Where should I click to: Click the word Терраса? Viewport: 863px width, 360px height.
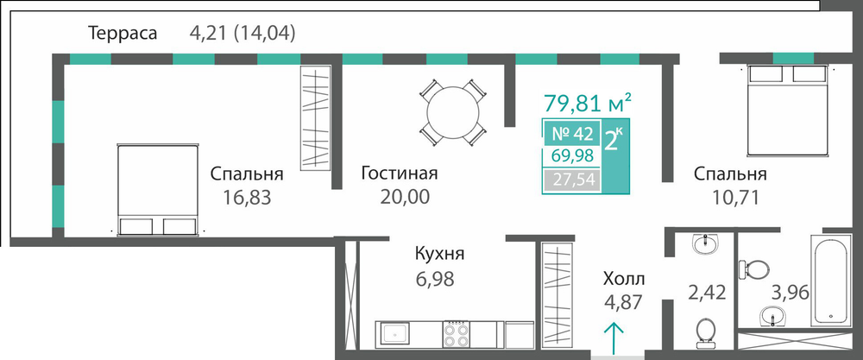(x=123, y=34)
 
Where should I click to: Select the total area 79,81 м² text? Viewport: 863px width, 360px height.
(x=587, y=103)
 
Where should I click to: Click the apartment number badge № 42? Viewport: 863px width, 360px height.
(x=572, y=134)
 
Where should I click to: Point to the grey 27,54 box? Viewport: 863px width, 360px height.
(x=572, y=180)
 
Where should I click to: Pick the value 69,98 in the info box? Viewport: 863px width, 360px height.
(x=572, y=156)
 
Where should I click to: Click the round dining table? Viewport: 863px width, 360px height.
(x=453, y=113)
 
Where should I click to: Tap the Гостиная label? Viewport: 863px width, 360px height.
(x=399, y=174)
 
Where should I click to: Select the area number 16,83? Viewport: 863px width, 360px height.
(x=247, y=197)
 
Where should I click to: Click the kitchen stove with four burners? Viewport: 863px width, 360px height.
(x=457, y=334)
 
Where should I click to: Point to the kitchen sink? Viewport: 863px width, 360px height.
(x=392, y=334)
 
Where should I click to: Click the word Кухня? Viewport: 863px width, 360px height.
(x=440, y=255)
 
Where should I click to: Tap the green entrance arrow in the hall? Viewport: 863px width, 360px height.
(x=614, y=338)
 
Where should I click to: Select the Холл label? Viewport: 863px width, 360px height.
(x=624, y=278)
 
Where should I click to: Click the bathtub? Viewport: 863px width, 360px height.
(x=828, y=281)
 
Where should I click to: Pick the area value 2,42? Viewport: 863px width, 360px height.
(x=708, y=292)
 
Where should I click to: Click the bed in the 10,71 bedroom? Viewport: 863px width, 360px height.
(x=787, y=111)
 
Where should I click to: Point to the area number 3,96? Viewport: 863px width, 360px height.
(x=790, y=292)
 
